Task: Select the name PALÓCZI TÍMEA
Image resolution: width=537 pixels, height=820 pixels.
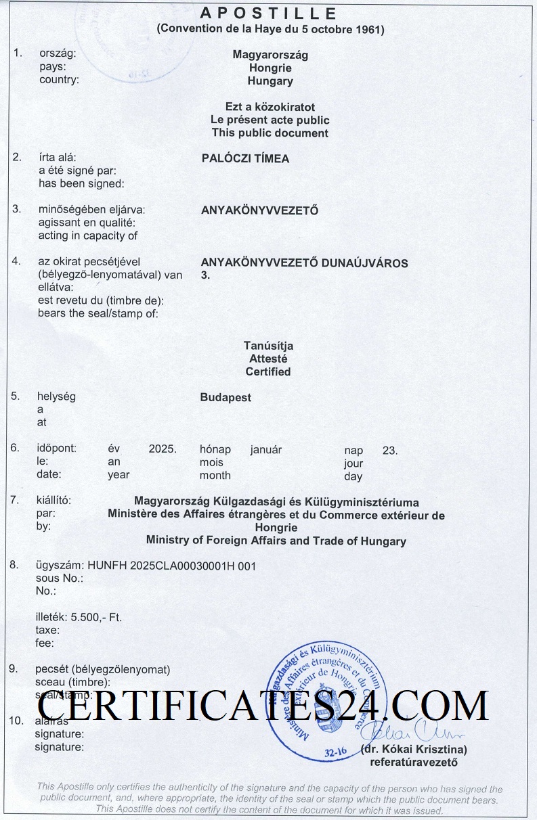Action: (x=245, y=158)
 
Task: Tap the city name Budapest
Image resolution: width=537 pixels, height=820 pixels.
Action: (x=225, y=398)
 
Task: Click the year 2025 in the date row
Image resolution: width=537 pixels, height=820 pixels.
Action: (x=163, y=449)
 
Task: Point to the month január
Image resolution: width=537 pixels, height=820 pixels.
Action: (x=265, y=449)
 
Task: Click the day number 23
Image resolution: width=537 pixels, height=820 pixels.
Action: (x=390, y=450)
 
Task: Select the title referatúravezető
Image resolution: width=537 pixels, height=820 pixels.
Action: (x=414, y=762)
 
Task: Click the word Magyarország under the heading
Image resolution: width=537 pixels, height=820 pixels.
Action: (x=270, y=55)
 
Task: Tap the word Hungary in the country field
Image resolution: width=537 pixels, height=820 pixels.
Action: (x=270, y=81)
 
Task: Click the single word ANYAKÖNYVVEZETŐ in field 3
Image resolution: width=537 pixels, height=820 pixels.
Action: (x=260, y=210)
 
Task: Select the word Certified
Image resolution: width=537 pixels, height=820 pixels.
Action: (x=268, y=371)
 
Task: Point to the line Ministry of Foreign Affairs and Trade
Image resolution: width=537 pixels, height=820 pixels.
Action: (x=276, y=541)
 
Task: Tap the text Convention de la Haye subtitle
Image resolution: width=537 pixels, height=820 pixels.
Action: (x=270, y=30)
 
